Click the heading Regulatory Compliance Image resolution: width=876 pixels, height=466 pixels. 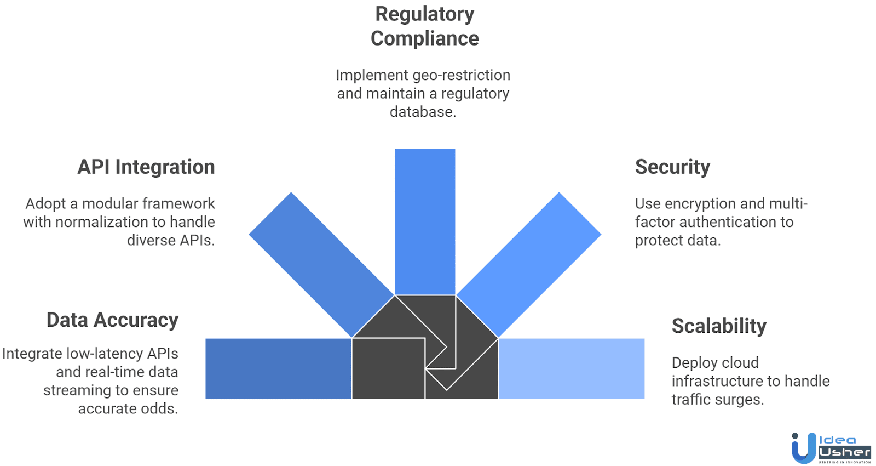coord(424,26)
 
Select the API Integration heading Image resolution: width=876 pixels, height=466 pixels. coord(146,167)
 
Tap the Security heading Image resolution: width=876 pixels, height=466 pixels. coord(672,167)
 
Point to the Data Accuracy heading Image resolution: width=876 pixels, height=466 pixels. coord(112,320)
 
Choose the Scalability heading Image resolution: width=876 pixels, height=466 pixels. coord(719,326)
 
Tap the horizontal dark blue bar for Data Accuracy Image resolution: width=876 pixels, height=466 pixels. coord(278,368)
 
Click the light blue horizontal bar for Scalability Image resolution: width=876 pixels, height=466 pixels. coord(572,368)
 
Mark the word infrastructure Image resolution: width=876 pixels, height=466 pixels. coord(718,381)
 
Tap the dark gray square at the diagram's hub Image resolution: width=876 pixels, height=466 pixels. coord(388,368)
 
